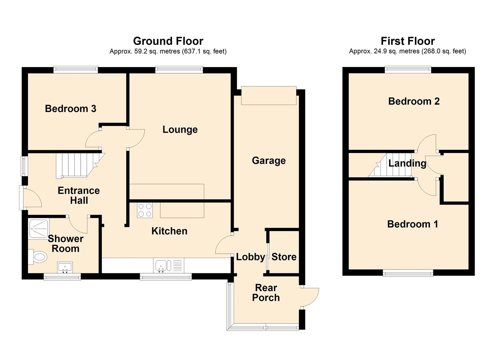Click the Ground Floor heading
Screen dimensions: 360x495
coord(168,41)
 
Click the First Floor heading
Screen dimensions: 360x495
coord(407,41)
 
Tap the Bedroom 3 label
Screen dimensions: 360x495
coord(70,109)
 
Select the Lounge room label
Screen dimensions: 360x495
coord(180,130)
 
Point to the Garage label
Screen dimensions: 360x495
coord(269,161)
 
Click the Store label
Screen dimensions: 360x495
coord(284,257)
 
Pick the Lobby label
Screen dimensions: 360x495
coord(250,257)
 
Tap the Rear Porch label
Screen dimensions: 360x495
coord(266,293)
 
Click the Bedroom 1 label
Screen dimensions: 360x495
coord(412,224)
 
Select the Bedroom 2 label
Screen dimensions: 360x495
coord(414,101)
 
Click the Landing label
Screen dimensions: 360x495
coord(407,163)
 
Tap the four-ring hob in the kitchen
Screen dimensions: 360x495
coord(145,210)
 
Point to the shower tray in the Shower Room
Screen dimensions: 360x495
coord(38,229)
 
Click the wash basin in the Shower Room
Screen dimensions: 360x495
coord(65,267)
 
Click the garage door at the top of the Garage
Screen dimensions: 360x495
coord(269,96)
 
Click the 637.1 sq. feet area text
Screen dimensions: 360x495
coord(204,51)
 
